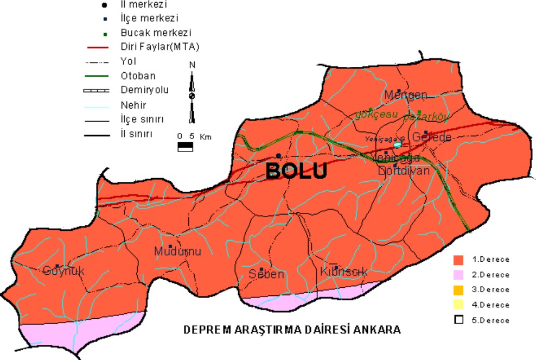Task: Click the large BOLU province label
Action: pyautogui.click(x=297, y=171)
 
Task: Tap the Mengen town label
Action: pyautogui.click(x=406, y=96)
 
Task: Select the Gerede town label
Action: pyautogui.click(x=432, y=137)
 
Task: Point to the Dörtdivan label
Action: pyautogui.click(x=404, y=170)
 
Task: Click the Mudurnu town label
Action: pyautogui.click(x=178, y=252)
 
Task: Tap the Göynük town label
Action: pyautogui.click(x=63, y=271)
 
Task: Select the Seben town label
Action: pyautogui.click(x=266, y=274)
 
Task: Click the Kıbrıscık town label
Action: pyautogui.click(x=344, y=272)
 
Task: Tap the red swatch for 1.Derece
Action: pyautogui.click(x=459, y=260)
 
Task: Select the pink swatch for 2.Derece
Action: pyautogui.click(x=459, y=275)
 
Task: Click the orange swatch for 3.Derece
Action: pyautogui.click(x=459, y=289)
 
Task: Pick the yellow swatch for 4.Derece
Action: pyautogui.click(x=459, y=305)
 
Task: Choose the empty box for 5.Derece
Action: pyautogui.click(x=459, y=320)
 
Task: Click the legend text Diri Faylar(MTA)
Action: pyautogui.click(x=160, y=47)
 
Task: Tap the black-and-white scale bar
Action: pyautogui.click(x=186, y=146)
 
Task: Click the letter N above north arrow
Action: pyautogui.click(x=192, y=65)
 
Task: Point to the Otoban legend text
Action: pyautogui.click(x=138, y=75)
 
